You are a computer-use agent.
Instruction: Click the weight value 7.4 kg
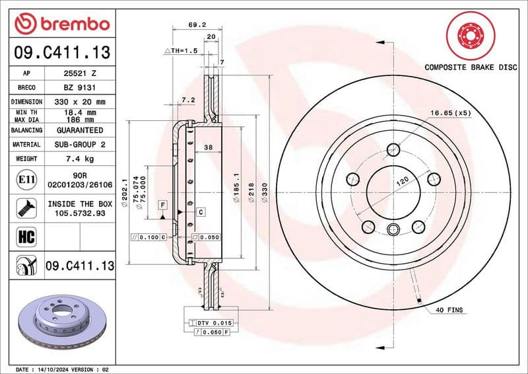[x=80, y=159]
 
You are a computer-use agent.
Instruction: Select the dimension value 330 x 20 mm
[x=80, y=102]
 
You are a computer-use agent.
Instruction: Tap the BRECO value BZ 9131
[x=80, y=87]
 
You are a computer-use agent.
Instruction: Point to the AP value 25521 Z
[x=80, y=73]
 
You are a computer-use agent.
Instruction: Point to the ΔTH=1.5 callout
[x=180, y=51]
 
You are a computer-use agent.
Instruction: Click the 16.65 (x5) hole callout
[x=451, y=113]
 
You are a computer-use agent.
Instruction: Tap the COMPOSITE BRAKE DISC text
[x=470, y=67]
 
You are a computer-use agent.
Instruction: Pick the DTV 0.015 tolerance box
[x=213, y=322]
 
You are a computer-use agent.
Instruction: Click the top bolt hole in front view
[x=393, y=149]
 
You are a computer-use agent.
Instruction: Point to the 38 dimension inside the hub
[x=207, y=148]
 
